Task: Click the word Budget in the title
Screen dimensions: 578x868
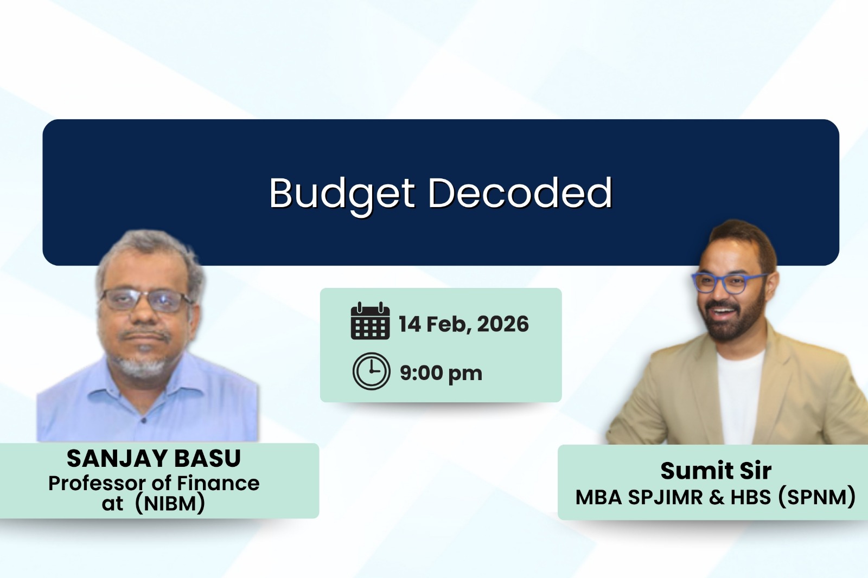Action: pos(342,193)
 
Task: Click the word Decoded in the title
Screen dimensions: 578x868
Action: pos(520,193)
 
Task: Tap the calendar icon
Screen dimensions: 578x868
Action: pos(370,321)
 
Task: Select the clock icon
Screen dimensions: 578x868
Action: pos(371,371)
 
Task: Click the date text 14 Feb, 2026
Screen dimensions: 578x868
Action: pos(463,324)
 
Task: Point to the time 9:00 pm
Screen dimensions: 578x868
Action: pos(441,373)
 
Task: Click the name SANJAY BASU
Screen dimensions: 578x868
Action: pos(154,458)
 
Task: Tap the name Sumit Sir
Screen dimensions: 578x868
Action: pos(716,471)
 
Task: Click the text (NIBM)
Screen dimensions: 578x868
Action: pos(170,503)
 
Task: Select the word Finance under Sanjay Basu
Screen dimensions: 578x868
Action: pos(218,483)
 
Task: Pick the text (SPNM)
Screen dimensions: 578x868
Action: pos(816,497)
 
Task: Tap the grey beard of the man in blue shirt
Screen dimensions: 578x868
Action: pos(142,367)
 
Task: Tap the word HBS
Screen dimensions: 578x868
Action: pos(750,497)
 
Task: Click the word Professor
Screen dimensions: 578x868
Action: pos(97,483)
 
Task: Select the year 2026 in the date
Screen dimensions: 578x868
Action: pos(503,324)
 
